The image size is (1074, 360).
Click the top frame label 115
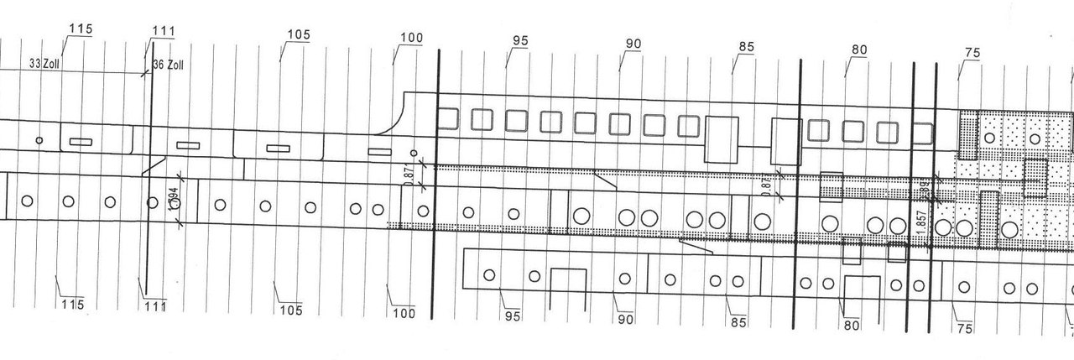click(80, 29)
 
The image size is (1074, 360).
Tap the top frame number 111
click(164, 32)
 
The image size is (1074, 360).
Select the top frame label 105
click(298, 35)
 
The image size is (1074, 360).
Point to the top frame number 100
click(412, 39)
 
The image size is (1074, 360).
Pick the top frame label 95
click(520, 41)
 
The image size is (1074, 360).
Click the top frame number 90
click(633, 44)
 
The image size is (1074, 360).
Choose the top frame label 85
click(746, 47)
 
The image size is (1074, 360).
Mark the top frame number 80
click(858, 50)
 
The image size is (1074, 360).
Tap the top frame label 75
click(972, 53)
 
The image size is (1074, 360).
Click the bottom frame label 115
click(73, 304)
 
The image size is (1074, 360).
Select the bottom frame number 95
click(513, 316)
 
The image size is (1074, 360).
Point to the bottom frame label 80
click(852, 325)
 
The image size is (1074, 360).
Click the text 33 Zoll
click(45, 63)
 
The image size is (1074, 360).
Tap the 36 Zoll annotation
click(168, 65)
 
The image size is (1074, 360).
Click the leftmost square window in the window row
click(448, 119)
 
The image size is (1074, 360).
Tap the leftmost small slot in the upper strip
click(80, 141)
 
